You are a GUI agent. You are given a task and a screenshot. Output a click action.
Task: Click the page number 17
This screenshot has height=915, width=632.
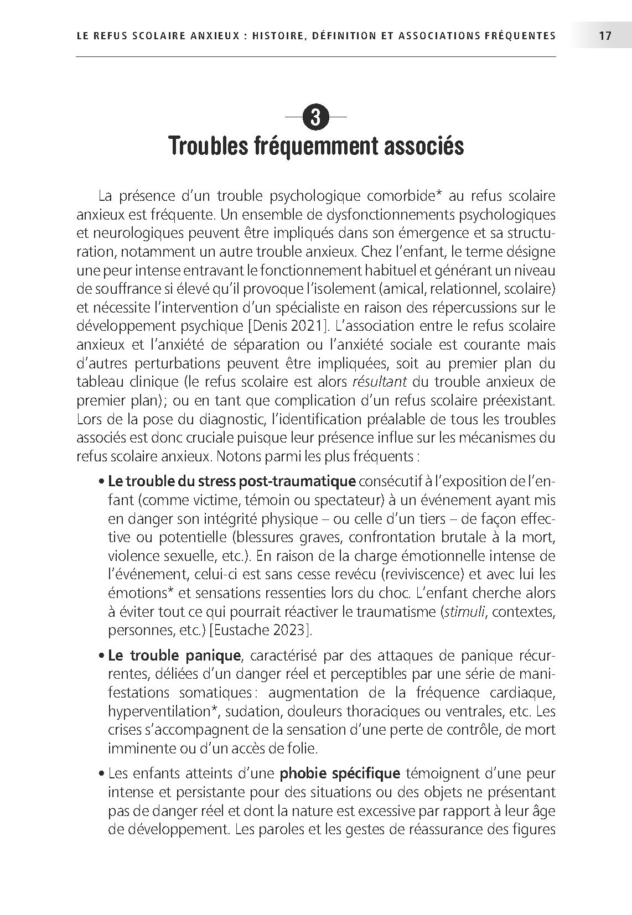point(604,36)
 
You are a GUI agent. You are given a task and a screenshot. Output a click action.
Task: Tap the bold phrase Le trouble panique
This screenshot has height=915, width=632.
point(174,656)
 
